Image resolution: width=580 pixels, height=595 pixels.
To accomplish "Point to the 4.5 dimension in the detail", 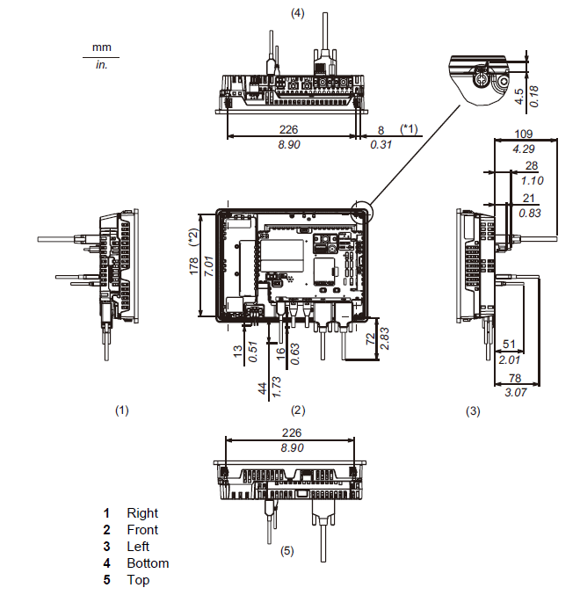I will click(519, 96).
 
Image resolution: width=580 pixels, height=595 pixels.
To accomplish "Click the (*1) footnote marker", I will click(410, 129).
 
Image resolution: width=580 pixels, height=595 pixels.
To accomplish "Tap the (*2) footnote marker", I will click(192, 236).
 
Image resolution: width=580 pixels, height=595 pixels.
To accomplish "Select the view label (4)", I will click(298, 12).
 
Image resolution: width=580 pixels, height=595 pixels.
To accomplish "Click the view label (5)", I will click(286, 551).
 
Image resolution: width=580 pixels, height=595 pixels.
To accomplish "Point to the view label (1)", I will click(122, 410).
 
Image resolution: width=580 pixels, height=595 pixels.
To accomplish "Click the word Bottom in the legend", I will click(148, 563).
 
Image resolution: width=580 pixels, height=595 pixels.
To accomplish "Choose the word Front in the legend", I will click(142, 530).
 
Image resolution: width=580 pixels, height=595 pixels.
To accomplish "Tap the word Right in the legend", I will click(142, 513).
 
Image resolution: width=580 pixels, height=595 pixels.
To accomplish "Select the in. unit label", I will click(102, 65).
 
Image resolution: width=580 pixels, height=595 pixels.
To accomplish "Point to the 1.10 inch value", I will click(531, 180).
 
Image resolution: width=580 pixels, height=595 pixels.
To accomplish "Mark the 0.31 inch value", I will click(381, 145).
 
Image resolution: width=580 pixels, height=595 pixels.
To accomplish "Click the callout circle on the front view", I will click(360, 212).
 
